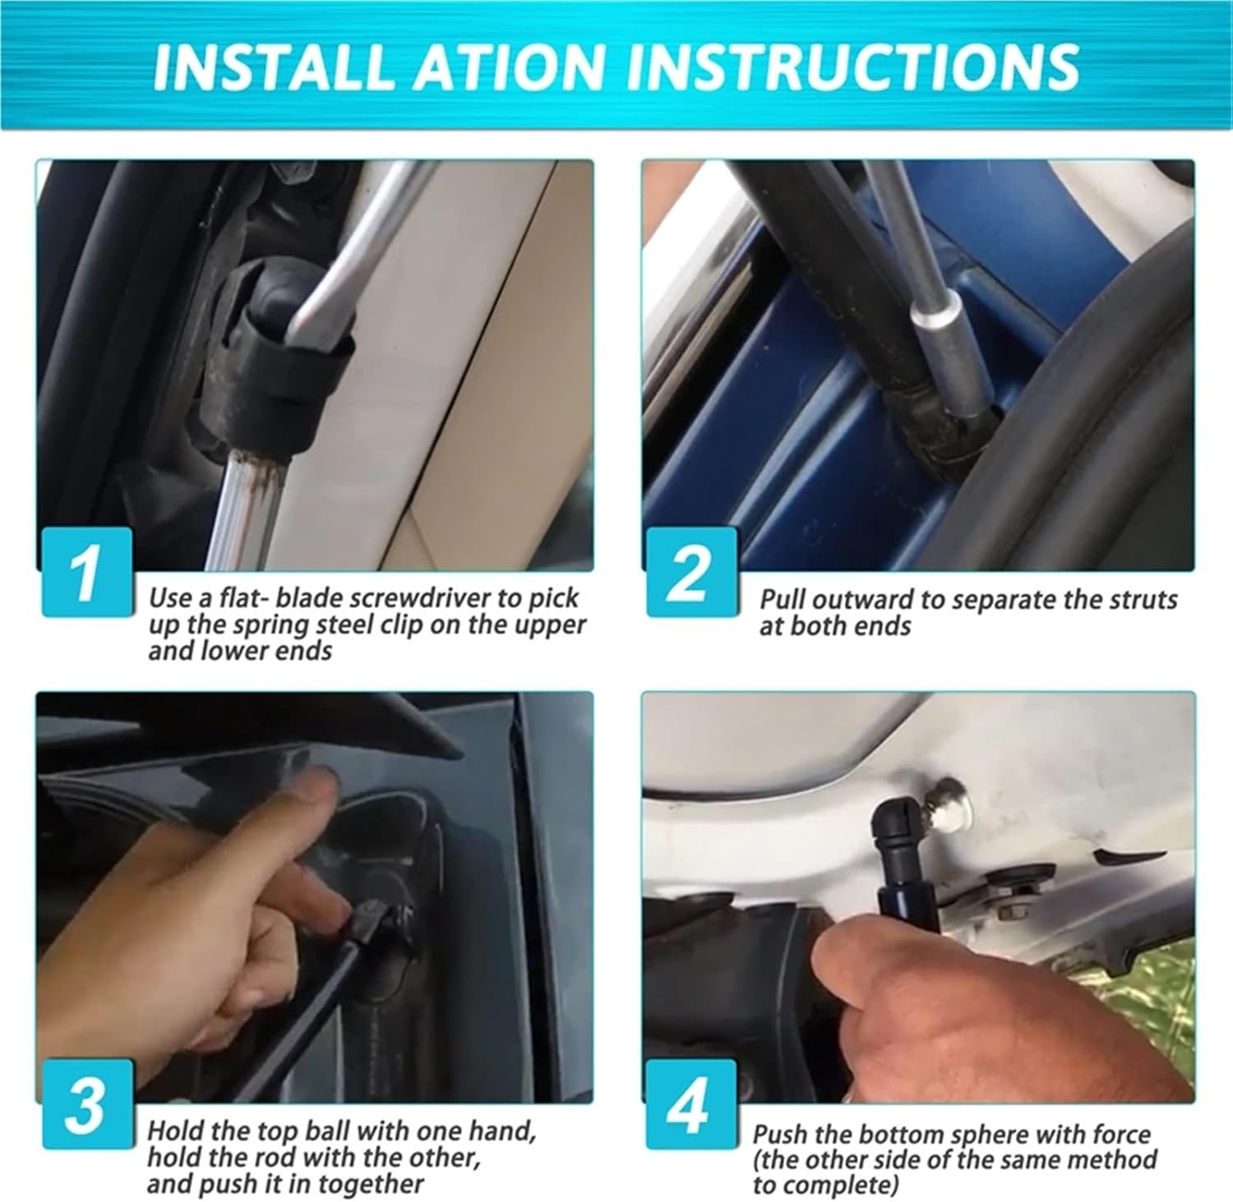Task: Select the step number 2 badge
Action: (x=690, y=572)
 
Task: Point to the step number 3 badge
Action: (x=87, y=1103)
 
